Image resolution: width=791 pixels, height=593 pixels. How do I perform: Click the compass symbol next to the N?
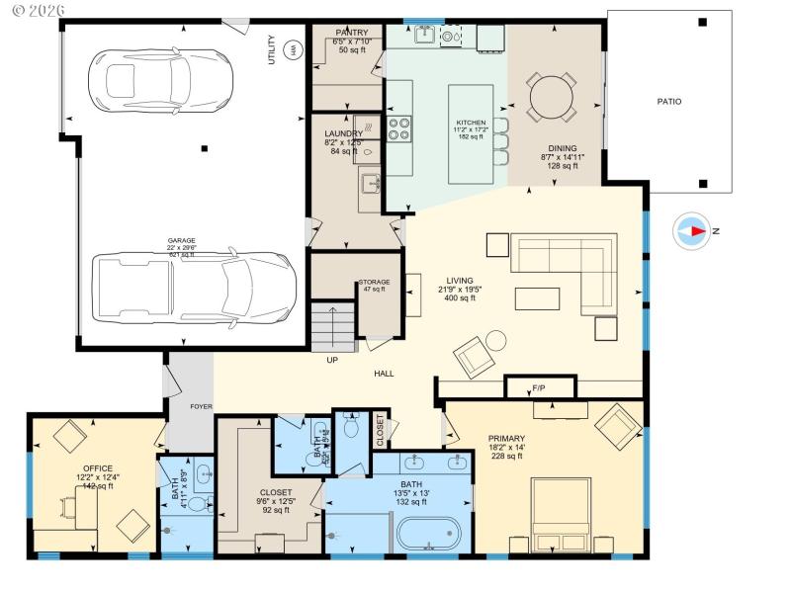click(x=691, y=231)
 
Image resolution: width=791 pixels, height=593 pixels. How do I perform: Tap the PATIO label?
click(x=669, y=102)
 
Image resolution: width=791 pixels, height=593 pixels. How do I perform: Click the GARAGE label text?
click(x=181, y=240)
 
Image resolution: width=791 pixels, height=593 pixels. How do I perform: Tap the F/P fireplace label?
click(x=539, y=388)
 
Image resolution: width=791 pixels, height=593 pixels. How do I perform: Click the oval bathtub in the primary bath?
click(x=428, y=534)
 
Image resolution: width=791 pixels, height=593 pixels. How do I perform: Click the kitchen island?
click(x=471, y=133)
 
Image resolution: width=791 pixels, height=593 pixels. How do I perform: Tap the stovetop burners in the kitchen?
click(x=399, y=130)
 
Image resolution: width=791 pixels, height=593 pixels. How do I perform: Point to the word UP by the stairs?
click(x=332, y=360)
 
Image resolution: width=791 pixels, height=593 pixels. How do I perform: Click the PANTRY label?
click(x=352, y=33)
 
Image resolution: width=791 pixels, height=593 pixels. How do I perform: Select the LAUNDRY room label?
click(x=343, y=133)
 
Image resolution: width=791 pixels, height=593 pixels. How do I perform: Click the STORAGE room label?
click(x=375, y=283)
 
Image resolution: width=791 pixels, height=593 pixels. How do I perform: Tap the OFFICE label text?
click(x=97, y=468)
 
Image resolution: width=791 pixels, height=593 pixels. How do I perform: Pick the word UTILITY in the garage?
click(x=272, y=50)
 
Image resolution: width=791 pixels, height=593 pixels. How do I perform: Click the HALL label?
click(x=385, y=374)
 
